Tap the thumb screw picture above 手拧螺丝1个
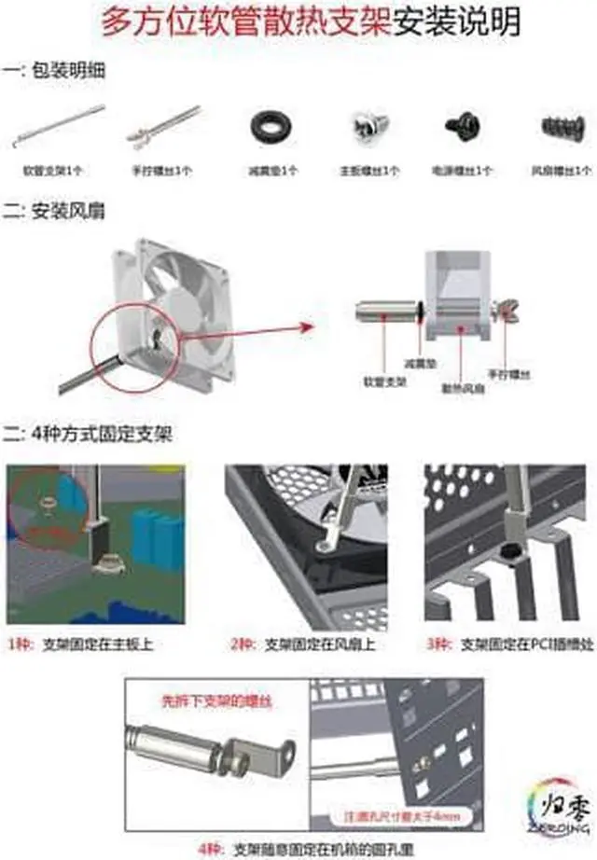[x=163, y=128]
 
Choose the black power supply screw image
[x=462, y=125]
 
